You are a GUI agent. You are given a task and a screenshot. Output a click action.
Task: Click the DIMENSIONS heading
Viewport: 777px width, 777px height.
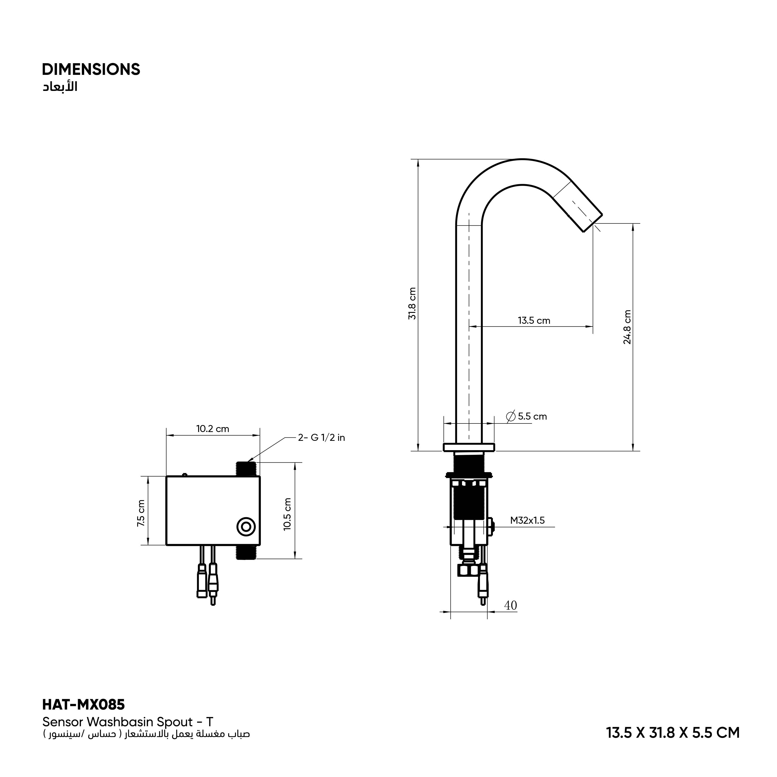click(x=91, y=70)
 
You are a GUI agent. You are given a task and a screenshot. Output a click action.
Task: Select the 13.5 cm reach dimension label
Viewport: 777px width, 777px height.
click(x=534, y=321)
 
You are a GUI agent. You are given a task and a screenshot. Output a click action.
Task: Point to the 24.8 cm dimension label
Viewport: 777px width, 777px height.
click(x=627, y=327)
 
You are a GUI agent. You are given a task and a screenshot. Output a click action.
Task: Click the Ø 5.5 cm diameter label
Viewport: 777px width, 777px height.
click(x=527, y=416)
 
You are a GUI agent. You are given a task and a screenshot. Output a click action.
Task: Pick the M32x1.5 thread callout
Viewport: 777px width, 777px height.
click(x=527, y=520)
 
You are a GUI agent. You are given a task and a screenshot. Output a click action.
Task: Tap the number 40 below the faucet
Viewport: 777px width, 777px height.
click(x=510, y=616)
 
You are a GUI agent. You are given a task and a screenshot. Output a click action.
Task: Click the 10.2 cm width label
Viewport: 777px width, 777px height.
click(x=213, y=429)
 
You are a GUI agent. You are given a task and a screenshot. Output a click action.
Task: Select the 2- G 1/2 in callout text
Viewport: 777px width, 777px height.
click(x=321, y=437)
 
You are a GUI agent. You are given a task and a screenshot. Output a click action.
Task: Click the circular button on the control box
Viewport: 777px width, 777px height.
click(x=246, y=527)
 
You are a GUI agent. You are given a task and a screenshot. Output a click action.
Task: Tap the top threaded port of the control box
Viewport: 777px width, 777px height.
click(x=246, y=469)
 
